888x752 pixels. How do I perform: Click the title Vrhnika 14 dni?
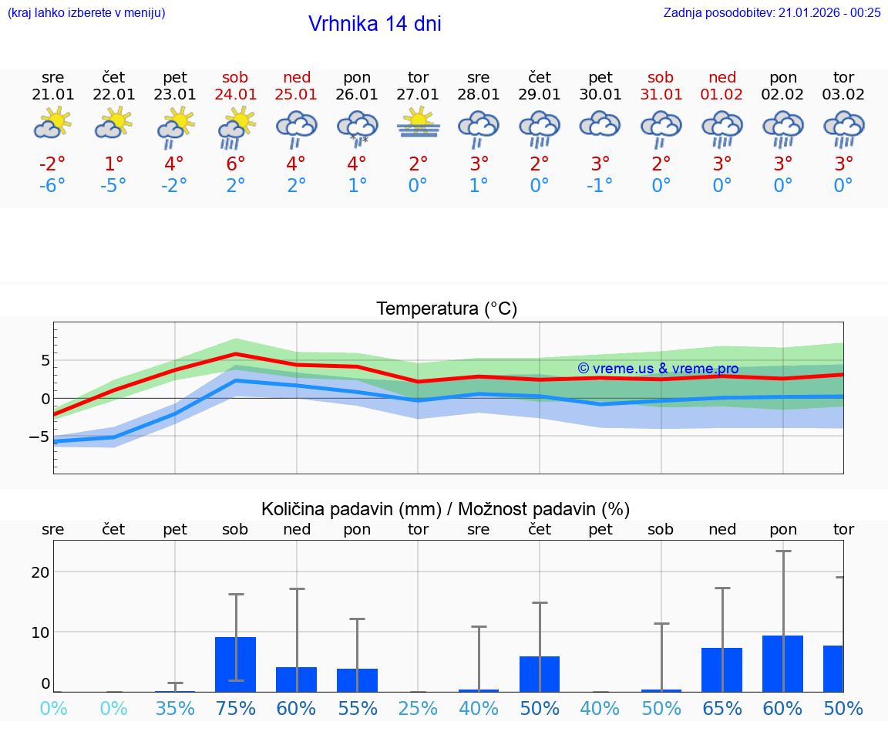pyautogui.click(x=375, y=24)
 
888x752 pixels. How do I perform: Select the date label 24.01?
pyautogui.click(x=235, y=94)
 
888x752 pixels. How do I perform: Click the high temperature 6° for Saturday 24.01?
pyautogui.click(x=235, y=164)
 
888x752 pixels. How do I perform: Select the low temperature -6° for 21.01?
pyautogui.click(x=52, y=186)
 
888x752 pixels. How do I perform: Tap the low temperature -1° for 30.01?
pyautogui.click(x=600, y=186)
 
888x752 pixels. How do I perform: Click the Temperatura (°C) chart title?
pyautogui.click(x=446, y=309)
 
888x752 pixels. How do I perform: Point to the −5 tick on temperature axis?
pyautogui.click(x=39, y=437)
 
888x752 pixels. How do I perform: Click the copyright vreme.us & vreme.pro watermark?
pyautogui.click(x=658, y=369)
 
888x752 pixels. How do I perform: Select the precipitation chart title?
pyautogui.click(x=446, y=509)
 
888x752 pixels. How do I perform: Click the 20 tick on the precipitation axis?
pyautogui.click(x=40, y=572)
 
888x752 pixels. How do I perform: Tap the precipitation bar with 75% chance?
pyautogui.click(x=235, y=664)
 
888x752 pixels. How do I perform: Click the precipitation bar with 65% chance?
pyautogui.click(x=721, y=669)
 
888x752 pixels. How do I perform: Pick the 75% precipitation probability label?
pyautogui.click(x=235, y=708)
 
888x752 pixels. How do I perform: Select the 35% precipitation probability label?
pyautogui.click(x=175, y=708)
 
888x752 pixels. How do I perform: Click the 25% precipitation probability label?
pyautogui.click(x=419, y=708)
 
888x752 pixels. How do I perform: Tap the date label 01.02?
pyautogui.click(x=722, y=94)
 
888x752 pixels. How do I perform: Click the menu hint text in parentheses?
pyautogui.click(x=86, y=12)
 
